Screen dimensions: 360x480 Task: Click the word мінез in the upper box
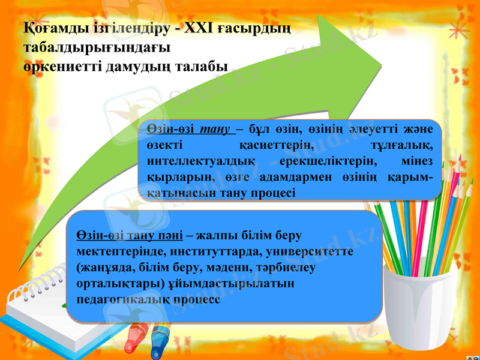click(419, 161)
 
